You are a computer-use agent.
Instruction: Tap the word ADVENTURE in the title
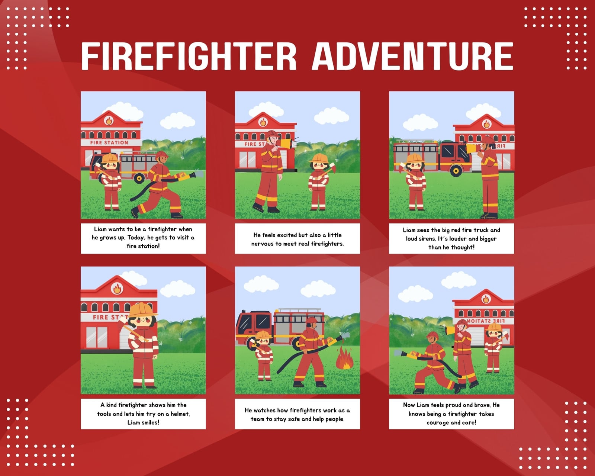[x=413, y=56]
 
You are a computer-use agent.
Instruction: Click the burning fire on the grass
[x=344, y=358]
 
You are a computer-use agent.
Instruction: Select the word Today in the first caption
[x=136, y=238]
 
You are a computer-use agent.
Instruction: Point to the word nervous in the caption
[x=262, y=244]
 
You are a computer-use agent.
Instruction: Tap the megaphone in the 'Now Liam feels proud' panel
[x=450, y=330]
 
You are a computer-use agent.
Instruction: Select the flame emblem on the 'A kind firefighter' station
[x=117, y=288]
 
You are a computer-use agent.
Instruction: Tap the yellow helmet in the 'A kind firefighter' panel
[x=142, y=310]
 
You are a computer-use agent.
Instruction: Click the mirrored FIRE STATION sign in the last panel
[x=486, y=321]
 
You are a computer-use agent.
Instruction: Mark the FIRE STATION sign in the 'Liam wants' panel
[x=109, y=143]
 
